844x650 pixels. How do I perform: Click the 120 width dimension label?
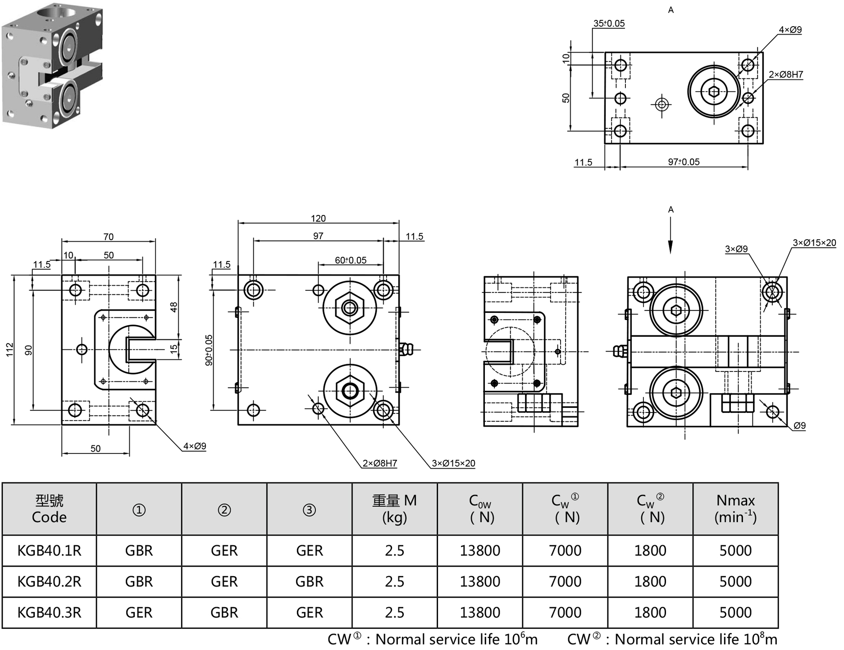coord(318,218)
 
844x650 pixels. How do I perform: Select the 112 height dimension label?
coord(10,349)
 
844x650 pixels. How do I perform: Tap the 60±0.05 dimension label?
coord(351,260)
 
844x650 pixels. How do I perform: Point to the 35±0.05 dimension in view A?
coord(609,23)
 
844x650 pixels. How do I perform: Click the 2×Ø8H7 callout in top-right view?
coord(786,74)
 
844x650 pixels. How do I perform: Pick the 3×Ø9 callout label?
coord(736,249)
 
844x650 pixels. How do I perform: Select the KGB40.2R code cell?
coord(49,581)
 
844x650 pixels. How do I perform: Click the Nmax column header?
coord(735,508)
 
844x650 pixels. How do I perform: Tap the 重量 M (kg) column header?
coord(394,508)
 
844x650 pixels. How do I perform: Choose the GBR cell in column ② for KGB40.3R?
coord(224,613)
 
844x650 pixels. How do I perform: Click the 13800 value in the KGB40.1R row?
coord(480,550)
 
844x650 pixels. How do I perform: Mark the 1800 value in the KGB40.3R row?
coord(650,613)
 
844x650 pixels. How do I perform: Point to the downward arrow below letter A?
coord(671,239)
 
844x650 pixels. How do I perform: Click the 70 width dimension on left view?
coord(109,237)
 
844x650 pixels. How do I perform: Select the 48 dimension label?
coord(174,307)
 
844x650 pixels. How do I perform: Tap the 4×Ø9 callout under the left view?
coord(195,446)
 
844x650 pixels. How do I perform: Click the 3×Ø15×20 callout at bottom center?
coord(453,463)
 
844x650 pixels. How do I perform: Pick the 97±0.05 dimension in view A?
coord(684,162)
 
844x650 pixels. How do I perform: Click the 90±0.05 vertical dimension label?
coord(209,350)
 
